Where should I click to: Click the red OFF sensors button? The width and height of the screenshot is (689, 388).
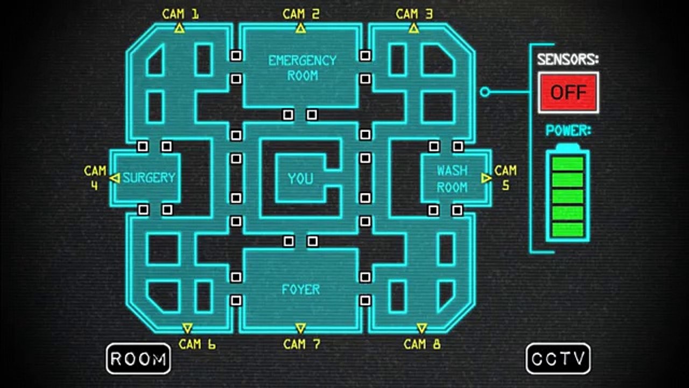point(568,92)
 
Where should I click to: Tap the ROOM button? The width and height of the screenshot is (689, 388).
point(138,359)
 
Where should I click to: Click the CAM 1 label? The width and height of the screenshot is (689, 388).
point(180,14)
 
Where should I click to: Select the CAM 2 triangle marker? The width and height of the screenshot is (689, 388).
point(300,29)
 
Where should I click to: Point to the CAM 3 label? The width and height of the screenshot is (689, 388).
point(414,14)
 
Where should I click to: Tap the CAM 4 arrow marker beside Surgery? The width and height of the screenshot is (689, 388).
point(115,178)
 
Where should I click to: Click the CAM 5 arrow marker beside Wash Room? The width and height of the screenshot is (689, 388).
point(486,178)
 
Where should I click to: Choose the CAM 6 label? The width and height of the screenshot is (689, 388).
point(197,344)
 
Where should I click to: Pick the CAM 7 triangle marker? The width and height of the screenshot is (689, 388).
point(300,328)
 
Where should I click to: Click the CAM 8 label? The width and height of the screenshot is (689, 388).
point(422,344)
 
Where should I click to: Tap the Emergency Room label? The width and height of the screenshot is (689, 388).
point(303,68)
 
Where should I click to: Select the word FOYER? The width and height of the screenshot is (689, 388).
point(301,289)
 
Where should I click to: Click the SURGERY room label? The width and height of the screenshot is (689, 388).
point(149,178)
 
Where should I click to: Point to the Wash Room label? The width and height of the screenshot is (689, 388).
point(452,179)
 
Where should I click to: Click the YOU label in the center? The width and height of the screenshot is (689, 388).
point(300,178)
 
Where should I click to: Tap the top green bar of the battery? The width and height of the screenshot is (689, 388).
point(568,163)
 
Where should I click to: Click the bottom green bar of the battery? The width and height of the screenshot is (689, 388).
point(568,230)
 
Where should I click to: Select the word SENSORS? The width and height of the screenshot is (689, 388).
point(568,59)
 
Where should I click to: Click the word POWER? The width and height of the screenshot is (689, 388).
point(568,130)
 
